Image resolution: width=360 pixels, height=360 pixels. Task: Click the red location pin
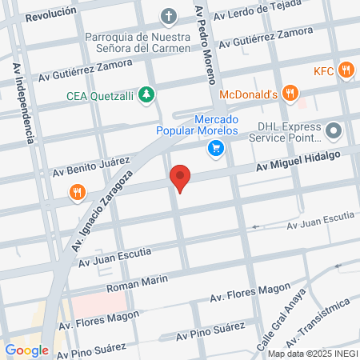(181, 177)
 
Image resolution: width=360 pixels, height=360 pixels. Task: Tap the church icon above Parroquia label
(169, 15)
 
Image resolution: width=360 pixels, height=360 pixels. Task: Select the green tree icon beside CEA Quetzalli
(146, 96)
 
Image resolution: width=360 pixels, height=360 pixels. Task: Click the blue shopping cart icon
(214, 147)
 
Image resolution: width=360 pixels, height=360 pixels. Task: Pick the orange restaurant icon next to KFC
(346, 70)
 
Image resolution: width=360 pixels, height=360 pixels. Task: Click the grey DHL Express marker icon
(335, 129)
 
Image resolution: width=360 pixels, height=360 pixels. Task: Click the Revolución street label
(50, 11)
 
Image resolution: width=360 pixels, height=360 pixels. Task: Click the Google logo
(26, 350)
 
